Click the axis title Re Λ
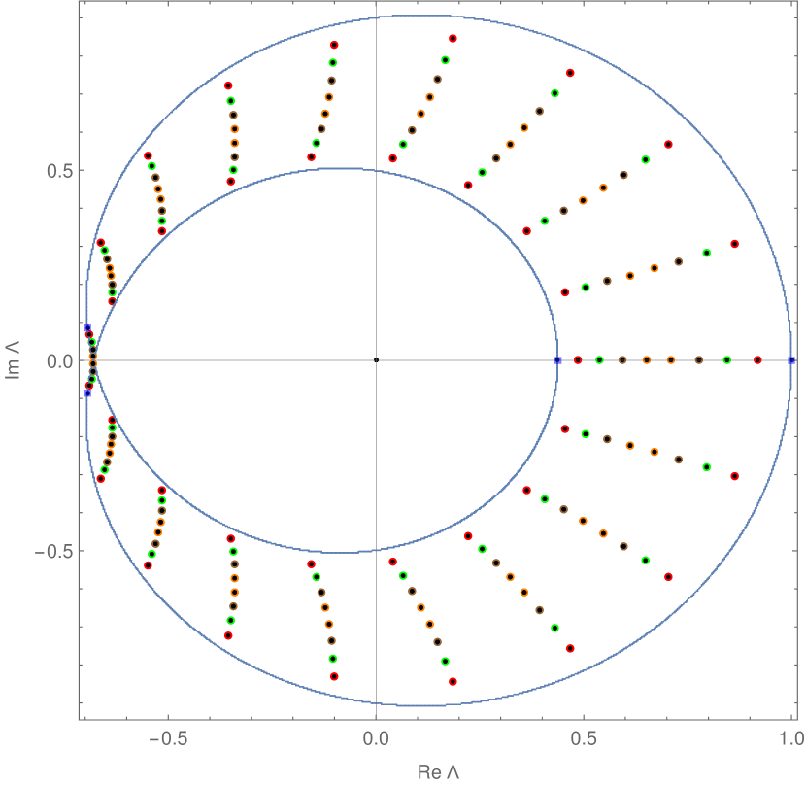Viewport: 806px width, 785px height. [437, 772]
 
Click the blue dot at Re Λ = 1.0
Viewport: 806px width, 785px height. [792, 360]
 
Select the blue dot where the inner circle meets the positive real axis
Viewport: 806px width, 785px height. [558, 360]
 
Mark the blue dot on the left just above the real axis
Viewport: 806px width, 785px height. [86, 328]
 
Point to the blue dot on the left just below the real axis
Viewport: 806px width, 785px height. [86, 393]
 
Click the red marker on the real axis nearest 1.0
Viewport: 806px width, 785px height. [758, 360]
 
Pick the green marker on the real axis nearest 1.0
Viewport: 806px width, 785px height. [726, 360]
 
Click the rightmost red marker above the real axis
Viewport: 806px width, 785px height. [735, 244]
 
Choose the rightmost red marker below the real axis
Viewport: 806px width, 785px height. [735, 476]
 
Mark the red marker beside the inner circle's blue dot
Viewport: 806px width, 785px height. [578, 360]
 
